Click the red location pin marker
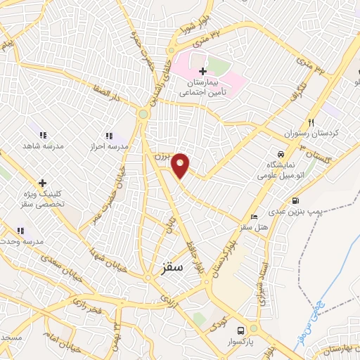[181, 165]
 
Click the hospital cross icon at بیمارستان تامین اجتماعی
[202, 71]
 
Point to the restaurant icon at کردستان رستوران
[310, 121]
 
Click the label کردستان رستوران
[307, 133]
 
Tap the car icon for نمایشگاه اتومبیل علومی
[281, 154]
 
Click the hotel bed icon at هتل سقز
[254, 216]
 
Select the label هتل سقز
[255, 227]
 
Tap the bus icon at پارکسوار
[240, 330]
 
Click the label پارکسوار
[241, 342]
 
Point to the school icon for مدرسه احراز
[108, 135]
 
